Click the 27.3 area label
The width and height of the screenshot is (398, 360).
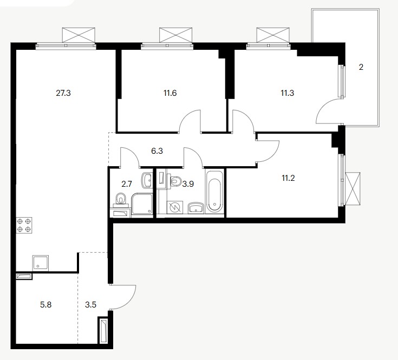pos(63,93)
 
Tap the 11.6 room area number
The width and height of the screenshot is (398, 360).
pos(170,93)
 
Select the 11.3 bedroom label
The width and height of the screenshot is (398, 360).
pos(288,93)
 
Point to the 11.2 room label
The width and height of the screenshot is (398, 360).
pos(288,178)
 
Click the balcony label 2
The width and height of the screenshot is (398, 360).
pos(361,67)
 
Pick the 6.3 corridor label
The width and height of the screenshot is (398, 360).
pos(157,151)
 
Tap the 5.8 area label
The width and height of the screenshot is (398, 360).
pos(45,304)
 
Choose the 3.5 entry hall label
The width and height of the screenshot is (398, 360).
pos(90,304)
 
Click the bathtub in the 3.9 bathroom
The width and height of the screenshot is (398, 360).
pos(215,192)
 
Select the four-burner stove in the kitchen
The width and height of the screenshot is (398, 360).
pos(24,225)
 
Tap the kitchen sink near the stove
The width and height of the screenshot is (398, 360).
pos(41,263)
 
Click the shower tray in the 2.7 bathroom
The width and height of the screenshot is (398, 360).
pos(142,204)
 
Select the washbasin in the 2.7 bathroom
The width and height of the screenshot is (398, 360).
pos(146,180)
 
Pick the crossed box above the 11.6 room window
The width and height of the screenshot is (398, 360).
pos(175,35)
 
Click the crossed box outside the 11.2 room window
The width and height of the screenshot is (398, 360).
pos(353,188)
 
